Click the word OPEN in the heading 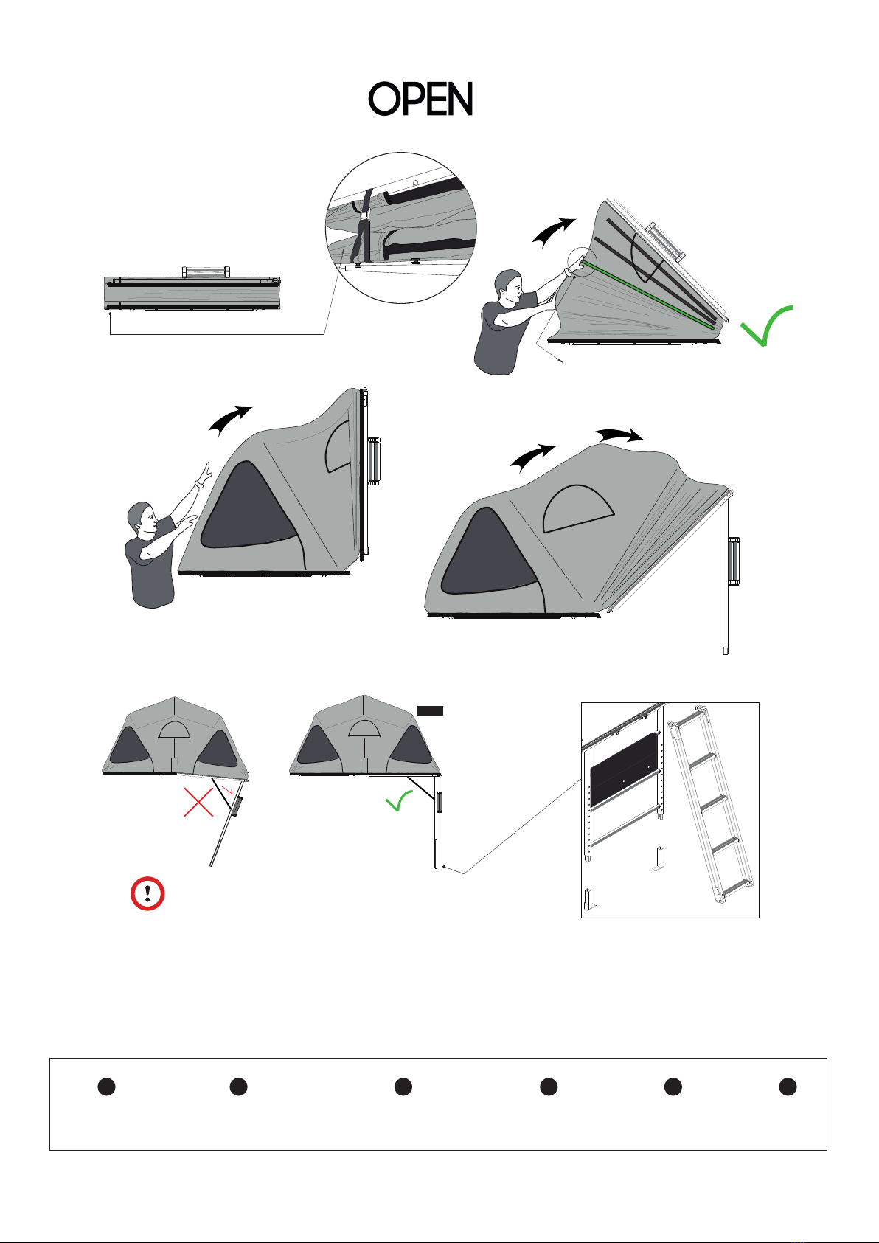(x=420, y=99)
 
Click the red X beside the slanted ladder (x=198, y=802)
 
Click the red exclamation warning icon (x=147, y=893)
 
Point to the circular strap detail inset (x=401, y=227)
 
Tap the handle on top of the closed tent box (x=206, y=272)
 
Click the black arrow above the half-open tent (x=555, y=232)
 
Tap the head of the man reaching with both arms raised (x=143, y=520)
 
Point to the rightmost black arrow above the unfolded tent (x=620, y=434)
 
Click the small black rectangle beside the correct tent (x=430, y=710)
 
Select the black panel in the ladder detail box (x=623, y=769)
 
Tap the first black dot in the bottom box (x=106, y=1087)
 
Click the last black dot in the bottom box (x=788, y=1087)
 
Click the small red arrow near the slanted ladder (x=227, y=789)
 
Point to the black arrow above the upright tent (x=230, y=420)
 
